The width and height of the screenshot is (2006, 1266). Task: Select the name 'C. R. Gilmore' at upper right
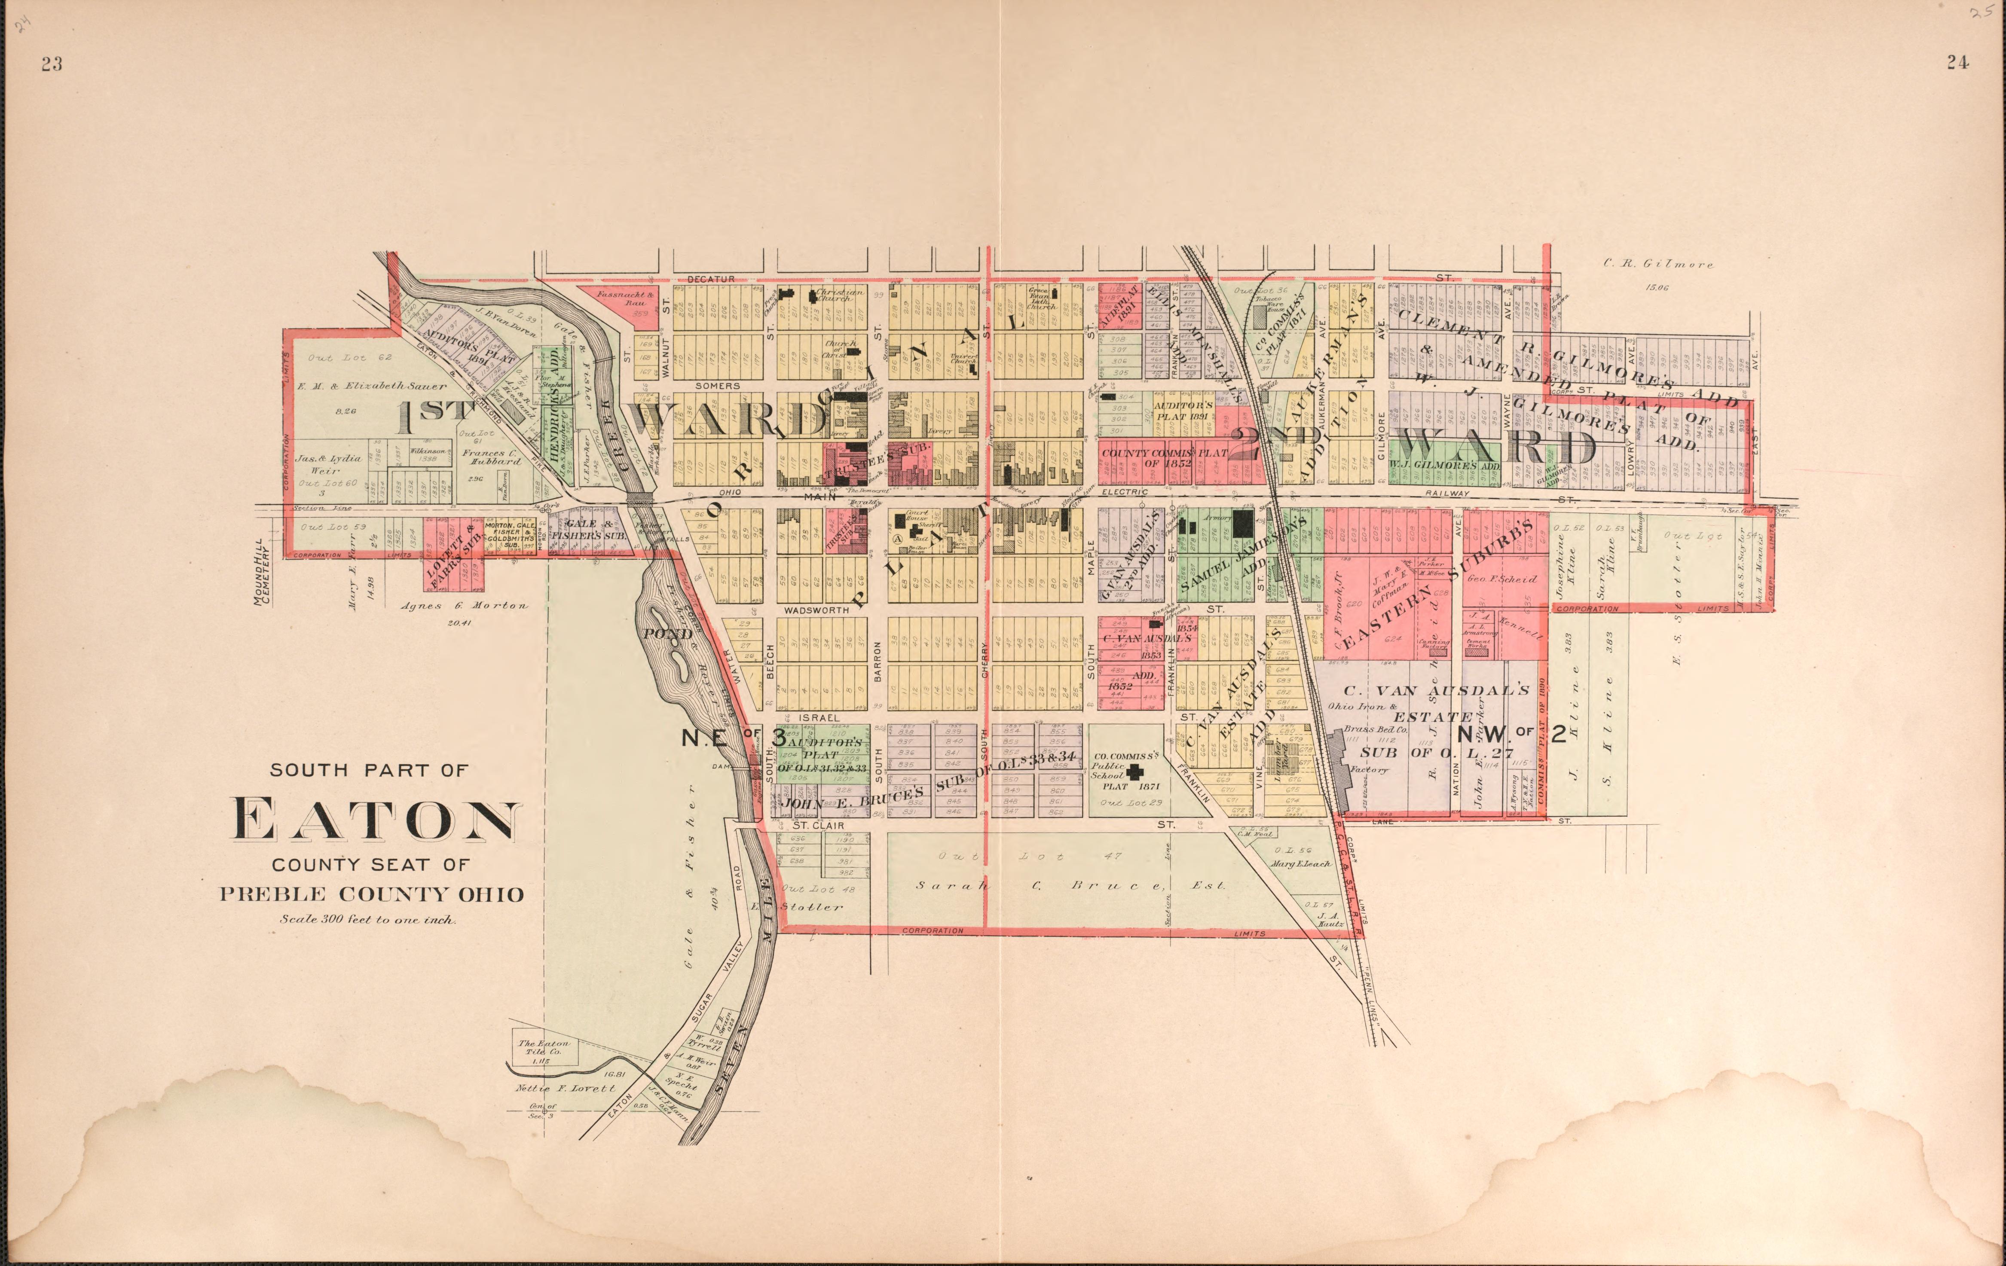(1659, 264)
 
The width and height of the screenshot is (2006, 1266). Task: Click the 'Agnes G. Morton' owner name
(465, 606)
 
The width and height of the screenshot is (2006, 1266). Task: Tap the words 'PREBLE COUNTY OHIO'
(372, 894)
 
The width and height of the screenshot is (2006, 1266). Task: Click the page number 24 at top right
(1958, 61)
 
